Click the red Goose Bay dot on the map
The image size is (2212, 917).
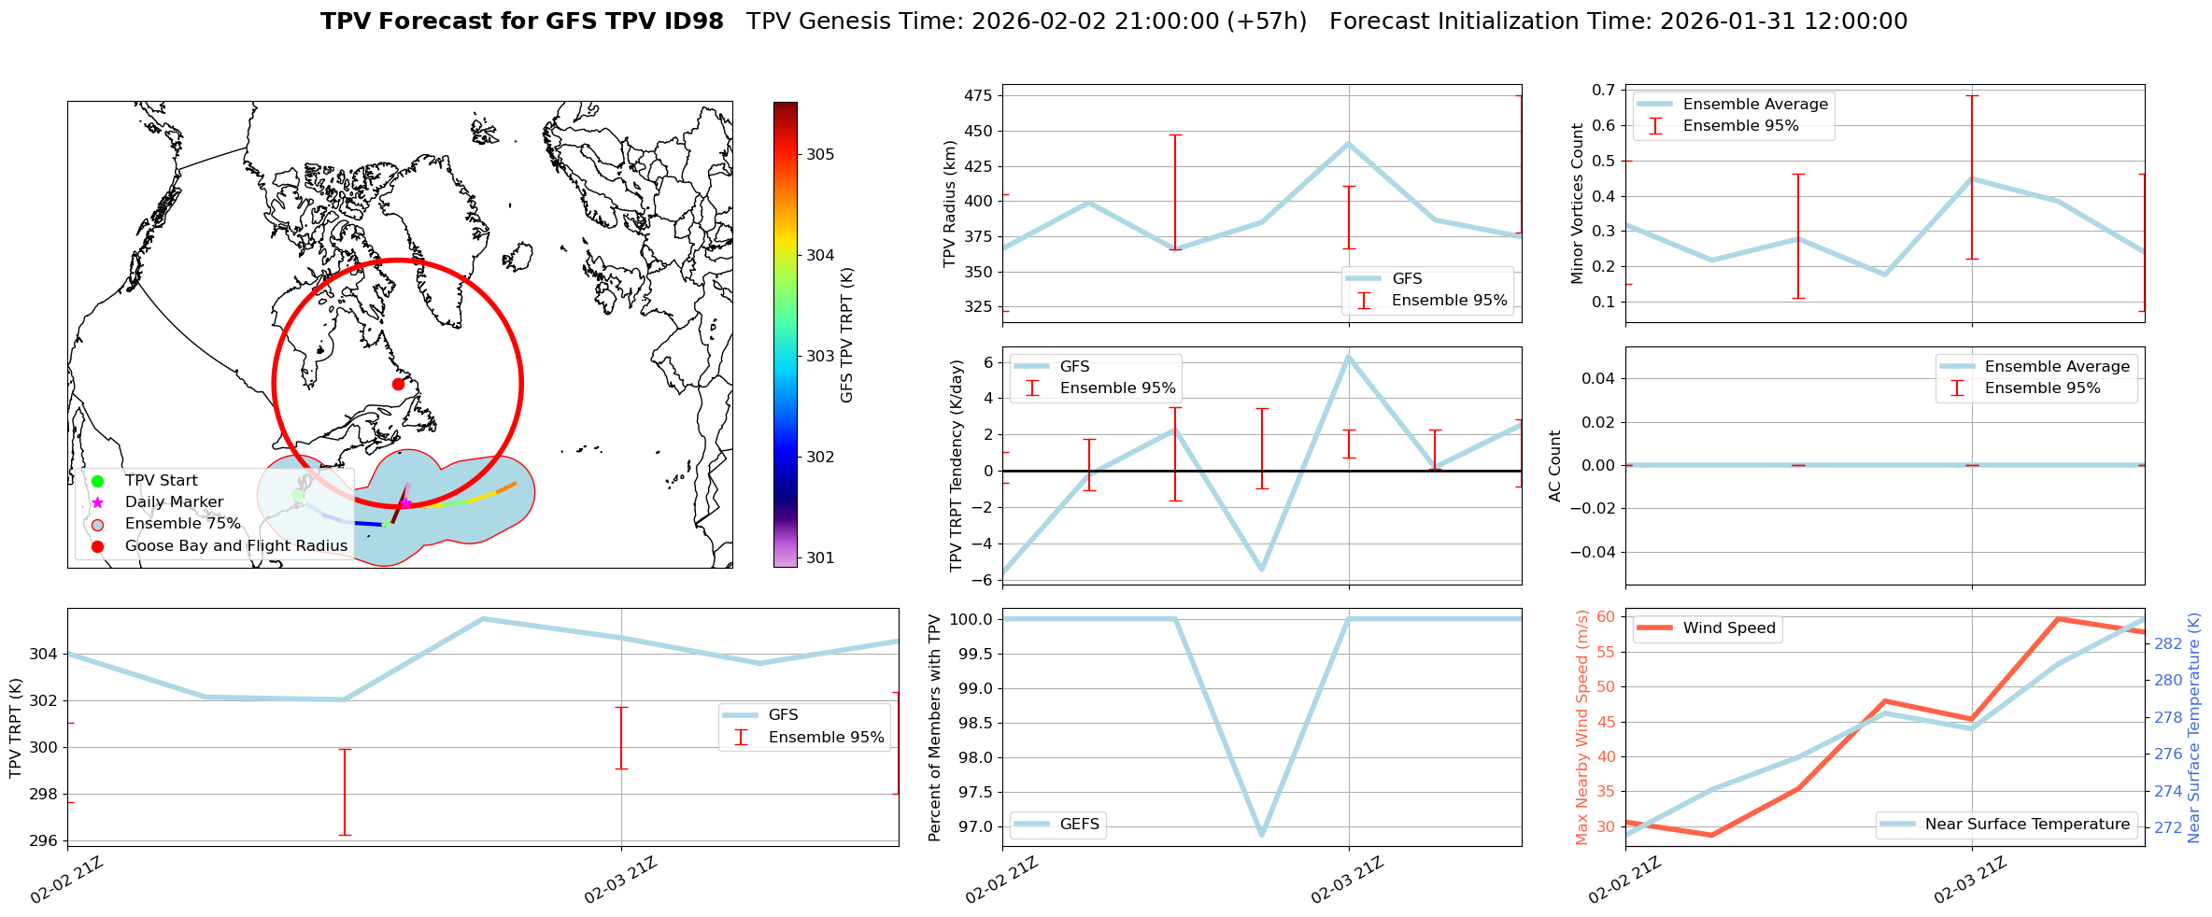click(398, 384)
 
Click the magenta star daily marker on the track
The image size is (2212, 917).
click(405, 503)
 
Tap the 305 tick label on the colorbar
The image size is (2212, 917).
click(820, 154)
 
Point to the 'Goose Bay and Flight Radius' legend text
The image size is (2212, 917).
click(235, 546)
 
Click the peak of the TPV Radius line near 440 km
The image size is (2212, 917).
click(1348, 144)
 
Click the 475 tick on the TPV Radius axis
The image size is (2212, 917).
click(981, 95)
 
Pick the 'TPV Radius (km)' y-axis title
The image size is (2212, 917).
click(950, 204)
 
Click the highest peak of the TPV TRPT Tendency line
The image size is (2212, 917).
click(1348, 357)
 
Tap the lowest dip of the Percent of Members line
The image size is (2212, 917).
click(1262, 834)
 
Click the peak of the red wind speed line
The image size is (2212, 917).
click(2058, 619)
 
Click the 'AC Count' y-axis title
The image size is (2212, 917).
click(1555, 465)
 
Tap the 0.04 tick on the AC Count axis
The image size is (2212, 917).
click(1597, 378)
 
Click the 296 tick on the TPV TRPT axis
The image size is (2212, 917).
click(43, 841)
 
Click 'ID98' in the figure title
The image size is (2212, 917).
click(692, 21)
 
